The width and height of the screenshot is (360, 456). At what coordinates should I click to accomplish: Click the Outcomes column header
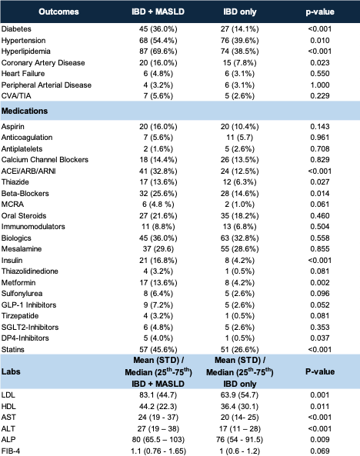pyautogui.click(x=58, y=12)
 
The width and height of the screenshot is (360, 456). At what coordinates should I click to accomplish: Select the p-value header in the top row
pyautogui.click(x=320, y=12)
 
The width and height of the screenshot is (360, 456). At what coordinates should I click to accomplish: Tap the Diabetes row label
pyautogui.click(x=16, y=28)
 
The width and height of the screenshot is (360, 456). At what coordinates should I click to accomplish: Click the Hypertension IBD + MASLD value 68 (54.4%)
pyautogui.click(x=158, y=41)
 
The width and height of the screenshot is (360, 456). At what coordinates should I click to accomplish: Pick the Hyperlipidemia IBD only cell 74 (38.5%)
pyautogui.click(x=239, y=52)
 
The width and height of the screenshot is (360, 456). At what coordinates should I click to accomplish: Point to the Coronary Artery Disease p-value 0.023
pyautogui.click(x=320, y=63)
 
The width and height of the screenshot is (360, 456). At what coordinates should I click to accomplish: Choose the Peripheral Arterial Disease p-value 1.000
pyautogui.click(x=320, y=85)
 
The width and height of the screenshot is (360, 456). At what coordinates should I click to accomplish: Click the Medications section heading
pyautogui.click(x=25, y=111)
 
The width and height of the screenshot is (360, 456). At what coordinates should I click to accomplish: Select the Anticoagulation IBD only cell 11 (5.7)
pyautogui.click(x=239, y=138)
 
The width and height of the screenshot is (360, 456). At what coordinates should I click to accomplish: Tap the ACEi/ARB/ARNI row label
pyautogui.click(x=28, y=171)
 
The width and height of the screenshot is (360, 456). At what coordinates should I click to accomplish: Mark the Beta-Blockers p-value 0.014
pyautogui.click(x=320, y=193)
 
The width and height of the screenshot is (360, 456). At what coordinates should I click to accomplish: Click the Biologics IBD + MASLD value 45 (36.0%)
pyautogui.click(x=158, y=238)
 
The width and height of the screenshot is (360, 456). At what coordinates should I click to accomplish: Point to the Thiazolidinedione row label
pyautogui.click(x=30, y=271)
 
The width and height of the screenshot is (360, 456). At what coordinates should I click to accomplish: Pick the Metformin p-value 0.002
pyautogui.click(x=320, y=283)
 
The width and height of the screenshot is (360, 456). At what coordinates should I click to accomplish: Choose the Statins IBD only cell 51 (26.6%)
pyautogui.click(x=239, y=350)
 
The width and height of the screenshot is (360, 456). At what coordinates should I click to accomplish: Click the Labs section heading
pyautogui.click(x=11, y=371)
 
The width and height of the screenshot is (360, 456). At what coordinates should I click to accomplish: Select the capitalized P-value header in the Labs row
pyautogui.click(x=320, y=371)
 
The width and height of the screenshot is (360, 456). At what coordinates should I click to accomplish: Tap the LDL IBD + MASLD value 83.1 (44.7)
pyautogui.click(x=158, y=395)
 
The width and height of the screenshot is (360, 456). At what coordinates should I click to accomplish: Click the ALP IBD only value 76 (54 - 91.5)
pyautogui.click(x=239, y=439)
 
